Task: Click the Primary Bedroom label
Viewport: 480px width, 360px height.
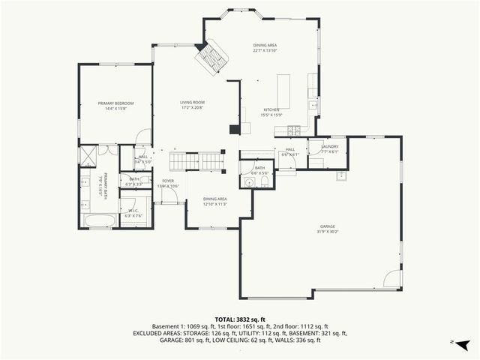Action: click(x=115, y=103)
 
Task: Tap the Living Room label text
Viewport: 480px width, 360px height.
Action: click(x=192, y=103)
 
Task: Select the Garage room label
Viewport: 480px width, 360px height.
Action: click(x=328, y=226)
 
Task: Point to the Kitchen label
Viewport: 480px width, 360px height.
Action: click(x=271, y=109)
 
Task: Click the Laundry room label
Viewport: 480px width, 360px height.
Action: click(x=330, y=146)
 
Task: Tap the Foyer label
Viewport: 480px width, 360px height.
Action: click(x=168, y=181)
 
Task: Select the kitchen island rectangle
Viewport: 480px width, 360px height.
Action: click(x=284, y=91)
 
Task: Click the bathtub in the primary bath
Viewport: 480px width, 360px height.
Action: click(x=99, y=220)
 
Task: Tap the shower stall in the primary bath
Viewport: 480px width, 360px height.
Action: click(x=88, y=156)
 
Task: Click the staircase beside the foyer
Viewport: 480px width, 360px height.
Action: click(x=196, y=160)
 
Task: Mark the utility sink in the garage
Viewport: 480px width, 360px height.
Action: click(x=341, y=175)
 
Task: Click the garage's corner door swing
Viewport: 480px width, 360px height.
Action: click(x=392, y=279)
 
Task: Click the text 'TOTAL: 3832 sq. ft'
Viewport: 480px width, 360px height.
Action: click(x=240, y=319)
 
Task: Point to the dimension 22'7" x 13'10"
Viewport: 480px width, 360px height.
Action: click(x=265, y=51)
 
